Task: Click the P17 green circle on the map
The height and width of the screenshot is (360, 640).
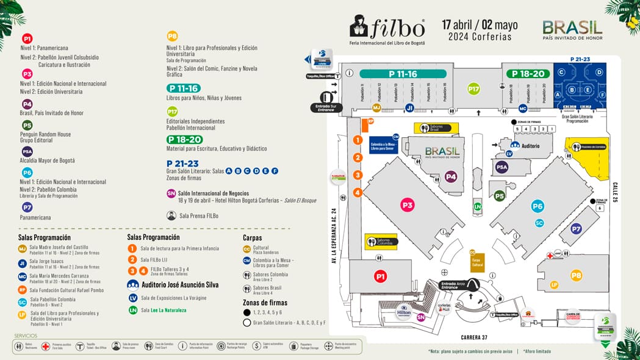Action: (x=473, y=89)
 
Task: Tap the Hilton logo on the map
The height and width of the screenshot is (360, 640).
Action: (x=404, y=311)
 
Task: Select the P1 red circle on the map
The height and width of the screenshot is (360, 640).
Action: (x=380, y=277)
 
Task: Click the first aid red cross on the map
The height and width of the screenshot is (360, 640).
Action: (x=550, y=256)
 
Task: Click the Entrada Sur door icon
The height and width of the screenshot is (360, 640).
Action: (x=326, y=96)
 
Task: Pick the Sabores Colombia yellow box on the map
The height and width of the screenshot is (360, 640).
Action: (x=381, y=242)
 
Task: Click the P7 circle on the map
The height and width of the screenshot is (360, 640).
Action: (x=575, y=229)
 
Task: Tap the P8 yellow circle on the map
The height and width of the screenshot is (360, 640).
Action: (x=576, y=275)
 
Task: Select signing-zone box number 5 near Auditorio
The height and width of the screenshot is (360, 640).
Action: (x=517, y=129)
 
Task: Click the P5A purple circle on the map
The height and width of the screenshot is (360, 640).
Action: (x=502, y=167)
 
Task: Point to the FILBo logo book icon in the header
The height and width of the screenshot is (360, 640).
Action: (x=359, y=26)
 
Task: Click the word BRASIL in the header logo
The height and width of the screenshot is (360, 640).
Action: (x=572, y=26)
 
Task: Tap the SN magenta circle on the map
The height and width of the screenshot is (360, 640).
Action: (x=420, y=317)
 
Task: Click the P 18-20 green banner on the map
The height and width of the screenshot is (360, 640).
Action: (x=525, y=74)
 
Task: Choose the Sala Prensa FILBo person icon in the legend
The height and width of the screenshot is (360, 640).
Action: (x=171, y=215)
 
